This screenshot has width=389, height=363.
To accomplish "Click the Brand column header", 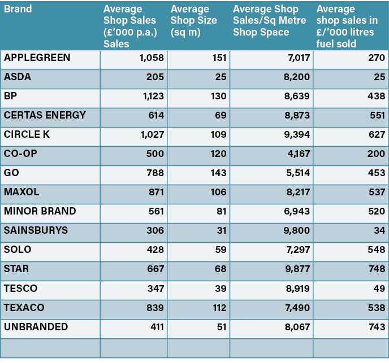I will coord(18,9).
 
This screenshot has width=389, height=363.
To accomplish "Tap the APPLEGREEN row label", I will coord(37,58).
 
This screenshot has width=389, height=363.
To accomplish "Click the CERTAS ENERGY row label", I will coord(45,115).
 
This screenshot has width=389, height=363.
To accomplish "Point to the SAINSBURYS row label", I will coord(36,230).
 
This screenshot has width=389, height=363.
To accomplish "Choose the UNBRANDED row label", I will coord(36,327).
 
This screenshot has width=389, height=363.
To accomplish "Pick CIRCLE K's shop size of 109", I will coord(218,135).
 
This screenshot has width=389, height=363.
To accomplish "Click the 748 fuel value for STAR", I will coord(376,269).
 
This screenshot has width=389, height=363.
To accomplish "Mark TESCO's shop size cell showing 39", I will coord(220,288).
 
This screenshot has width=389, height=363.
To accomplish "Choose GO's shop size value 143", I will coord(218,173).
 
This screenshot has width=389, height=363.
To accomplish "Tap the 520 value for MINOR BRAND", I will coord(376,212).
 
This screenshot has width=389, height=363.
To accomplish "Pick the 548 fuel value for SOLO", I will coord(376,250).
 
